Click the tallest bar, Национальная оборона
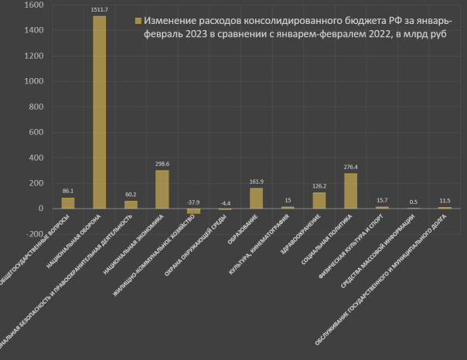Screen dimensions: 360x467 click(x=99, y=112)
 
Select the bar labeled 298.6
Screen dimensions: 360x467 click(x=162, y=189)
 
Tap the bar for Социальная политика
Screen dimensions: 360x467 click(x=350, y=191)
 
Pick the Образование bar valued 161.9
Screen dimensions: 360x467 click(x=256, y=198)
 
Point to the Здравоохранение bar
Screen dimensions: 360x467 click(x=319, y=200)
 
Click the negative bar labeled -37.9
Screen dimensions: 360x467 click(x=193, y=211)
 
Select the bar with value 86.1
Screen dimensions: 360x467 click(x=68, y=203)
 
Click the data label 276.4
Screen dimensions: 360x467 click(x=350, y=166)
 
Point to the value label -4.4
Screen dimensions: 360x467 click(x=225, y=202)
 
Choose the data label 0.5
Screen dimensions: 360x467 click(x=414, y=202)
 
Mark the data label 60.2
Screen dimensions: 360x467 click(x=131, y=194)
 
